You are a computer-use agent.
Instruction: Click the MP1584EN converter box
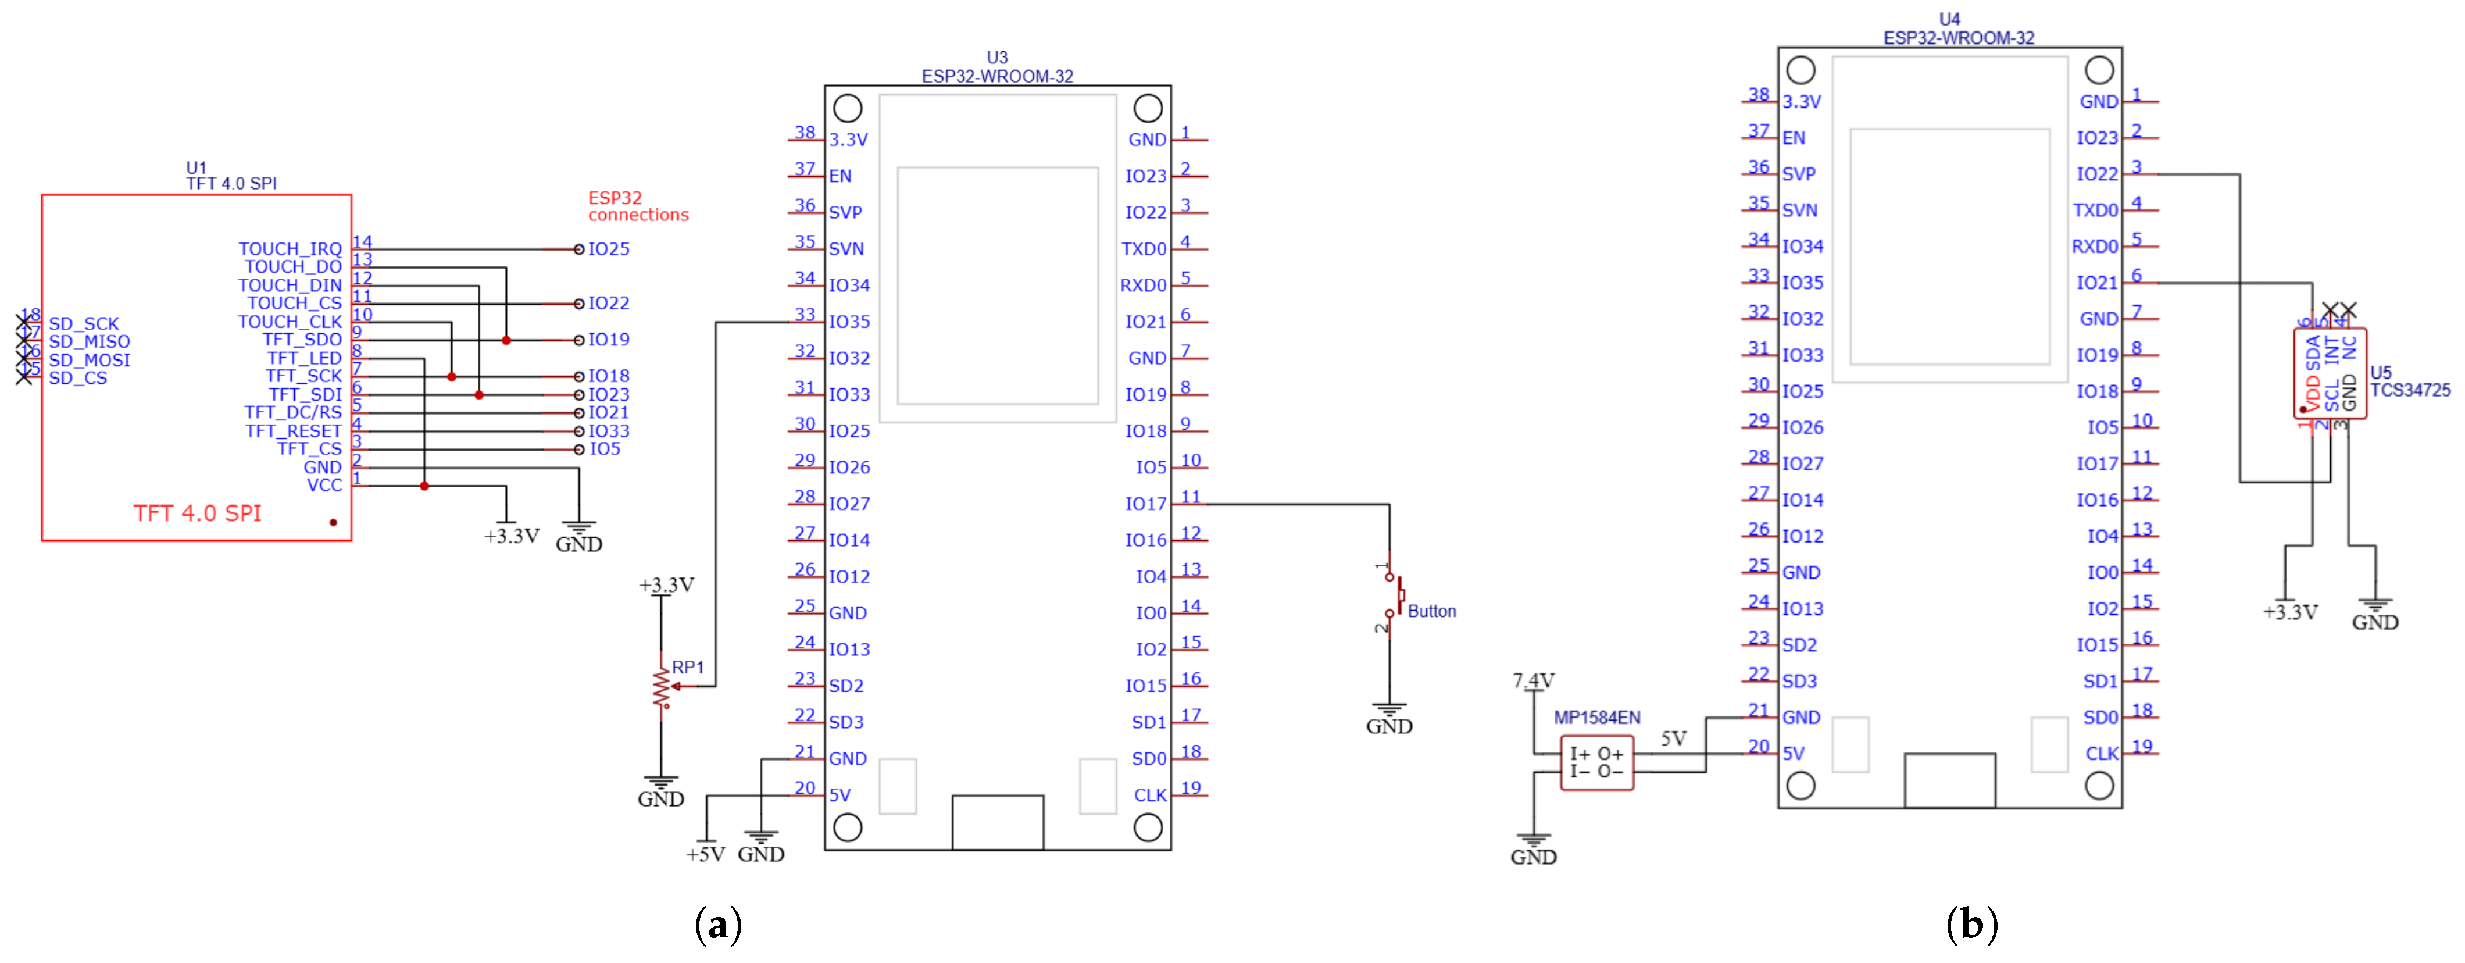(1596, 762)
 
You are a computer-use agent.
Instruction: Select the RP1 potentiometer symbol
(661, 686)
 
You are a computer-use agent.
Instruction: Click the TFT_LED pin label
(303, 358)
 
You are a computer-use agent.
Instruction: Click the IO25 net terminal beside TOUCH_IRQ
(580, 249)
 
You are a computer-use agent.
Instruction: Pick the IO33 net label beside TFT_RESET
(609, 431)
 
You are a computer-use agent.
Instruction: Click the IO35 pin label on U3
(849, 322)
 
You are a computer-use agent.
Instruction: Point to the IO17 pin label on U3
(1145, 504)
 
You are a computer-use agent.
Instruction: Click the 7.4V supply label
(1533, 680)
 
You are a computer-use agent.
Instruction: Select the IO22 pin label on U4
(2096, 174)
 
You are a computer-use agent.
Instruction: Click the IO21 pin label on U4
(2096, 283)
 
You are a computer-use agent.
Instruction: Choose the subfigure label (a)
(717, 925)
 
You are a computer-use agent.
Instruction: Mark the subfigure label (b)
(1971, 925)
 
